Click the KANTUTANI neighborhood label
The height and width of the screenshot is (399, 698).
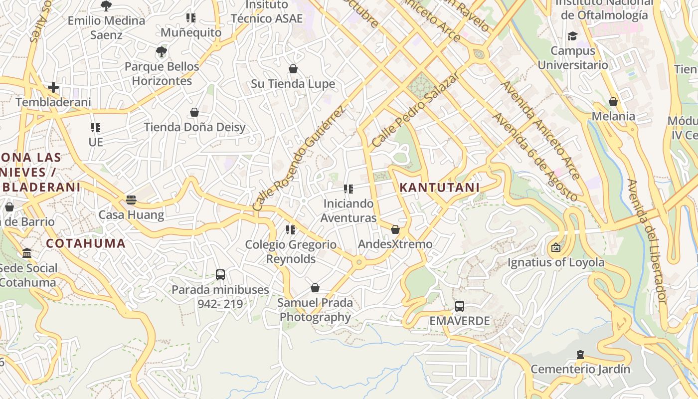(439, 188)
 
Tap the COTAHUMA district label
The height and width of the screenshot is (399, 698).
(86, 243)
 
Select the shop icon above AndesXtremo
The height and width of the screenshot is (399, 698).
(395, 229)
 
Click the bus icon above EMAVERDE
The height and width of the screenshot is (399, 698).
(460, 306)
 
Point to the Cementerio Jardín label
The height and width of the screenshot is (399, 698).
(580, 369)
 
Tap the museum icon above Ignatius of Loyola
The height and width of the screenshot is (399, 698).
(555, 247)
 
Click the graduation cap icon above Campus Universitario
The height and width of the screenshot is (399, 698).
(572, 36)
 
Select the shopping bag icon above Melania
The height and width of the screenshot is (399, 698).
(613, 102)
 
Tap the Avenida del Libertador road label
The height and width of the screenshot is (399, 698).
(647, 241)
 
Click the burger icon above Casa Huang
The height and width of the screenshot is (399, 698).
(131, 200)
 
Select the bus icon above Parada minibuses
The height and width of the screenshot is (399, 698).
(220, 274)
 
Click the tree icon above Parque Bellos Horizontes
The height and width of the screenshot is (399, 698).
(161, 51)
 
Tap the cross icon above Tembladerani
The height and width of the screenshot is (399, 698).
(53, 87)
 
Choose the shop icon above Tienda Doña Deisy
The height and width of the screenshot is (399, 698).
(194, 112)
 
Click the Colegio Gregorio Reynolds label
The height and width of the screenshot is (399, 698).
(291, 252)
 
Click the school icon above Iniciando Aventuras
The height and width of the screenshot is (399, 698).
(348, 189)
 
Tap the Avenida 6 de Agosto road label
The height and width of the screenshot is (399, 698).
(535, 157)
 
